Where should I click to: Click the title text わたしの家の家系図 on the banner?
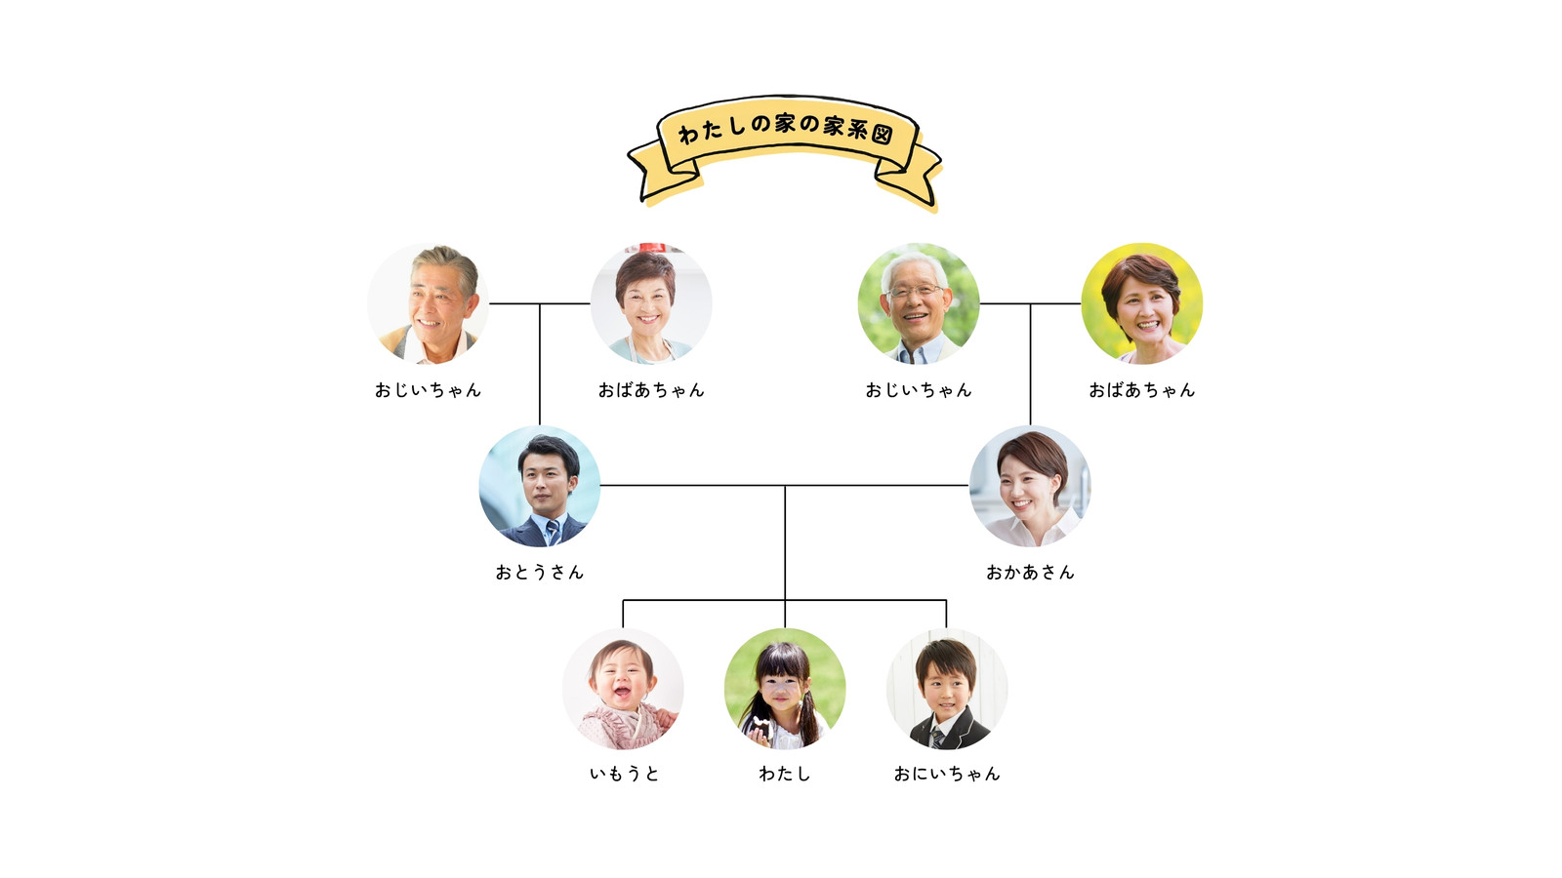[785, 128]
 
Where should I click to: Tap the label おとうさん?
[540, 572]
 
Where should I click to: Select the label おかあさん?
[1030, 572]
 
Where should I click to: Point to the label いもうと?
[624, 774]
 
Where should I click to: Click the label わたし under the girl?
[785, 774]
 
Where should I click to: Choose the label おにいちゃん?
[947, 774]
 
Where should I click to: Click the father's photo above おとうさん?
[540, 486]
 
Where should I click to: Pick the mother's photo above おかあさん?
[1030, 486]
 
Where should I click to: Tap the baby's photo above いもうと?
[624, 689]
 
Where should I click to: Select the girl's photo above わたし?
[785, 689]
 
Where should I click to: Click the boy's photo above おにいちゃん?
[947, 689]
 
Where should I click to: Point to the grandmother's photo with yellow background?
[1142, 303]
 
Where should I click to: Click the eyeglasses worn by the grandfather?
[915, 291]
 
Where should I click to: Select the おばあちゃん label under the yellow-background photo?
[1142, 389]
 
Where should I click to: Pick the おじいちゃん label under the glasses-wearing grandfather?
[919, 389]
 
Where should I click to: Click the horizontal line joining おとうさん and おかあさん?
[785, 485]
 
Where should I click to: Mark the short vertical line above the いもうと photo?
[624, 614]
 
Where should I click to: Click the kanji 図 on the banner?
[883, 134]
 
